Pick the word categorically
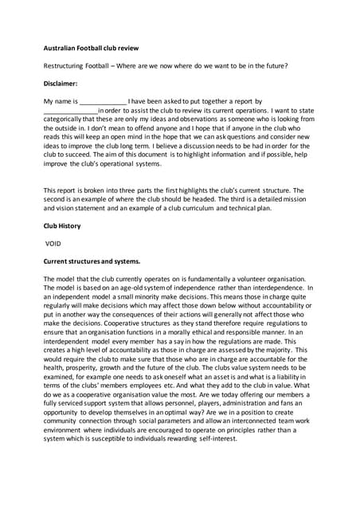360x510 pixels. tap(65, 120)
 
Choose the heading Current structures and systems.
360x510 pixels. tap(92, 261)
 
